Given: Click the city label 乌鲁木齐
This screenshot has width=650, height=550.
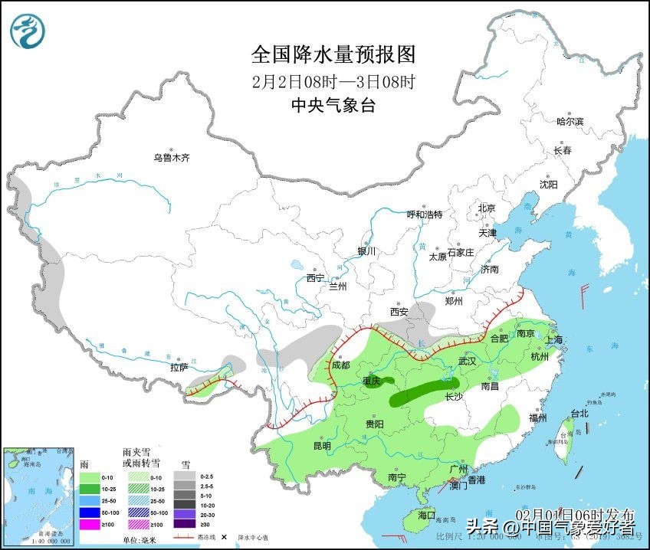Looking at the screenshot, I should pos(170,158).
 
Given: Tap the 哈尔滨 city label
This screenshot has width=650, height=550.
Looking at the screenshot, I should pos(570,121).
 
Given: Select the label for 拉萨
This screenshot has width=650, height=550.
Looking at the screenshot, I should pos(179,368).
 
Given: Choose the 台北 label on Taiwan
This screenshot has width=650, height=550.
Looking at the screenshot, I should pos(579,414).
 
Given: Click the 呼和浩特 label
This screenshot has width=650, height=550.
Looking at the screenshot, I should pos(424,214).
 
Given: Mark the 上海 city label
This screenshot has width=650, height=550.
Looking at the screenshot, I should pos(553,339).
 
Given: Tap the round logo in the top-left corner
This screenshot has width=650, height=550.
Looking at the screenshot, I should pos(28,31).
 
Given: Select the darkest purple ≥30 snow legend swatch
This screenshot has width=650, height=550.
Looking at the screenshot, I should pos(184,525).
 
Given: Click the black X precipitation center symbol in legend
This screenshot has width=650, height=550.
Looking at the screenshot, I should pos(224,537).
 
